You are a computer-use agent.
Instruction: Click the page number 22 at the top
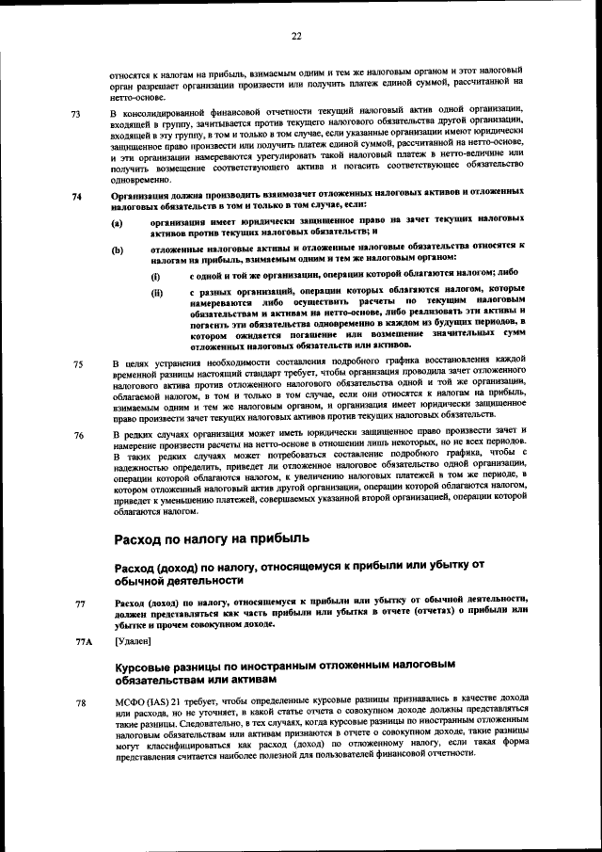pyautogui.click(x=296, y=36)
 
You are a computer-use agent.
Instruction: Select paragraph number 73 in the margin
pyautogui.click(x=76, y=115)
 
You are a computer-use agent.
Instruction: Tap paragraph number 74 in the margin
pyautogui.click(x=76, y=197)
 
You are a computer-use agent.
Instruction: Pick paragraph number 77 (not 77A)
pyautogui.click(x=80, y=603)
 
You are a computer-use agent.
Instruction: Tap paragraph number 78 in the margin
pyautogui.click(x=80, y=702)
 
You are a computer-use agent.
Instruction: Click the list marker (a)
pyautogui.click(x=117, y=223)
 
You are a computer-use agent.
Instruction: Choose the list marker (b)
pyautogui.click(x=117, y=249)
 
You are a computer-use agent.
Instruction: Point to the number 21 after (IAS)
pyautogui.click(x=187, y=702)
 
